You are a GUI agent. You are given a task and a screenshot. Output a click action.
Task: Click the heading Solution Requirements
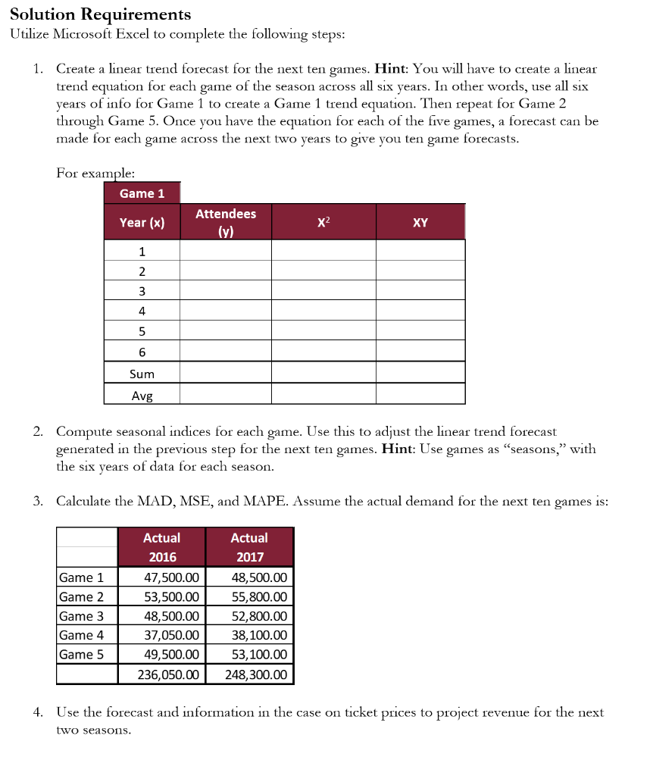pos(100,14)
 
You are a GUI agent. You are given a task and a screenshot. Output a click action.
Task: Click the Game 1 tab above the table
pos(142,193)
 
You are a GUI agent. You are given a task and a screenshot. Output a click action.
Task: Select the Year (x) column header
pos(142,222)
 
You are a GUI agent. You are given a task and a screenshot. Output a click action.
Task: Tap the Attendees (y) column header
pos(226,223)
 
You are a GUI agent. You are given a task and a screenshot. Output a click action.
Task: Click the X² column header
pos(323,222)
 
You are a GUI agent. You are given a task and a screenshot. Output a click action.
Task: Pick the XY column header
pos(420,222)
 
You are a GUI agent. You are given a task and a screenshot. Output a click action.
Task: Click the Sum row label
pos(142,374)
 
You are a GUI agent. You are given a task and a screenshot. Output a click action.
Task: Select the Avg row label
pos(142,394)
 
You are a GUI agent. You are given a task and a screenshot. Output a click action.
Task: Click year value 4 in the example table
pos(142,310)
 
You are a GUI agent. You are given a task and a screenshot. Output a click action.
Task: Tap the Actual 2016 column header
pos(162,547)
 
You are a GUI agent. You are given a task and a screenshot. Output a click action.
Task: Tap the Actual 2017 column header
pos(249,547)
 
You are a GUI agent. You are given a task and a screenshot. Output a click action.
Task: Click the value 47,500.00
pos(171,577)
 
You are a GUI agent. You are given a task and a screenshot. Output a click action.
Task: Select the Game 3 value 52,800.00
pos(259,616)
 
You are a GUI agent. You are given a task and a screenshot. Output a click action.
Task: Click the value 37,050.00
pos(171,635)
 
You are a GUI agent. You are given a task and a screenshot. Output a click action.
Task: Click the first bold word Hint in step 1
pos(392,68)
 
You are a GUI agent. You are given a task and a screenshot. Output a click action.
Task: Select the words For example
pos(91,172)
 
